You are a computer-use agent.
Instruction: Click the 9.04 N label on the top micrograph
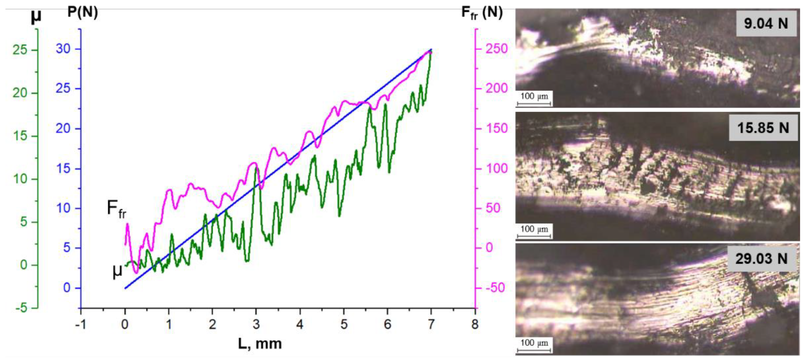766,24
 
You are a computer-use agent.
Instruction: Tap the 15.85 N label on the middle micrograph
763,128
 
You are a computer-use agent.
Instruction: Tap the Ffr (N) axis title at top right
482,13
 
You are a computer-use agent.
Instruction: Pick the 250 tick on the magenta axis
496,49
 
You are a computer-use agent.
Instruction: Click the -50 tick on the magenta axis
495,288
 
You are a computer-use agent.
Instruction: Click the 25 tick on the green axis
20,50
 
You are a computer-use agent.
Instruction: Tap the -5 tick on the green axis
22,308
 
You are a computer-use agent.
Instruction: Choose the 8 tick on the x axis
475,324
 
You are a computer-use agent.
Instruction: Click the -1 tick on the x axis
81,324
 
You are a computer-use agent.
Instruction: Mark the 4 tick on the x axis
300,324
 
